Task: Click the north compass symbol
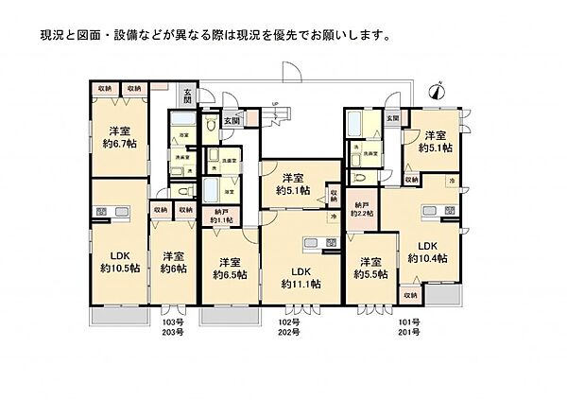(436, 92)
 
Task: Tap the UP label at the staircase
(275, 105)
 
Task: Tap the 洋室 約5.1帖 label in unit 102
(295, 184)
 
